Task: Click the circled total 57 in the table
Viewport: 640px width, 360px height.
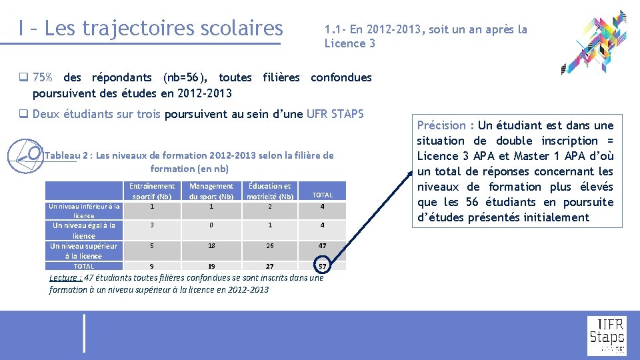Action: click(323, 266)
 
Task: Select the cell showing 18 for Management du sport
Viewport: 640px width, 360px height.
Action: click(211, 246)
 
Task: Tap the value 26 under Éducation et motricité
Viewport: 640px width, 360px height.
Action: click(270, 246)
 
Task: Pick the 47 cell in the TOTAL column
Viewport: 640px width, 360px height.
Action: click(323, 246)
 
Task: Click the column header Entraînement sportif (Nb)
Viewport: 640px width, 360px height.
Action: click(152, 191)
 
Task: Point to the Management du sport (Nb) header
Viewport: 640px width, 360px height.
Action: click(211, 191)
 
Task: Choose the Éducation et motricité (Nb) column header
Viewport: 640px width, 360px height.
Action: click(269, 191)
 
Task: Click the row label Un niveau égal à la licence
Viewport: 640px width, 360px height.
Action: click(84, 231)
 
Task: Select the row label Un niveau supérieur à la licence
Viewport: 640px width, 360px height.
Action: click(84, 251)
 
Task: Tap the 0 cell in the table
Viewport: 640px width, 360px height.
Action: click(211, 225)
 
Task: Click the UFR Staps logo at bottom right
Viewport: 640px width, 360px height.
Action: click(607, 335)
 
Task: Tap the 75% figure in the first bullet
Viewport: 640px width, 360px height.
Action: click(43, 77)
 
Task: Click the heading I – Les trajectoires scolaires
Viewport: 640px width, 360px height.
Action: click(151, 28)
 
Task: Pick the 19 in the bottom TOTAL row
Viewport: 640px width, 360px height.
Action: click(211, 266)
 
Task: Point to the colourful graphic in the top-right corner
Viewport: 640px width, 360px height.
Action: click(595, 41)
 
